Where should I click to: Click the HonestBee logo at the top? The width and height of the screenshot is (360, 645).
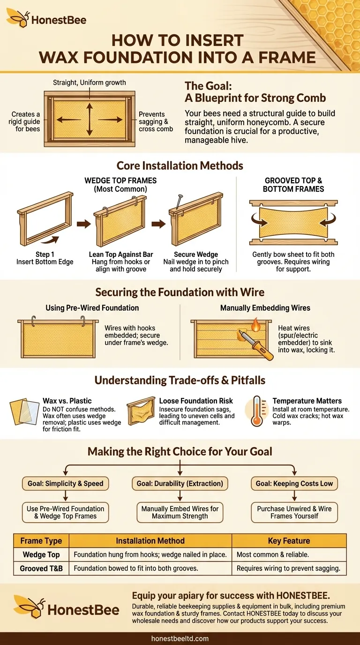(46, 19)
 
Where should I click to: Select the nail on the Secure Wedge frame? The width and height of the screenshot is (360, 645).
(179, 203)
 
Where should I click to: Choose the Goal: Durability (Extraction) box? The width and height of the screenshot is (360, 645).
(180, 483)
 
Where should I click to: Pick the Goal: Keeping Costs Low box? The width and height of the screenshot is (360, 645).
(294, 483)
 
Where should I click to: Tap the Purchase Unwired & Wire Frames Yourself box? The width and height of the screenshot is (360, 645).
(294, 512)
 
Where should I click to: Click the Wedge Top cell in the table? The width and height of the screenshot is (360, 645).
(41, 555)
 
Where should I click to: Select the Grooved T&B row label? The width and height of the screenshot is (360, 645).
(41, 569)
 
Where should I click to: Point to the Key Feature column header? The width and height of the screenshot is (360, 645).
(289, 540)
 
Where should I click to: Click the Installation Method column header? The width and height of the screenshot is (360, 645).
(150, 540)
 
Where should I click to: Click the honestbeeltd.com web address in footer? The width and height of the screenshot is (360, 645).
(180, 638)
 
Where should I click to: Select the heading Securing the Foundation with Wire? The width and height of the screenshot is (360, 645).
(180, 292)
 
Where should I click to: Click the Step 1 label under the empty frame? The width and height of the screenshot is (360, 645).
(45, 255)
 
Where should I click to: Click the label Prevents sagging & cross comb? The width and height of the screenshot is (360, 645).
(156, 121)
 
